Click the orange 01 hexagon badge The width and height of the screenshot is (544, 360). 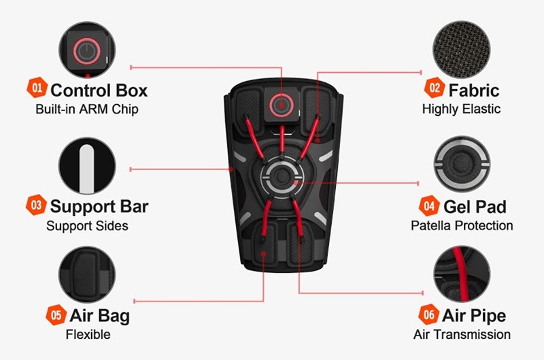point(37,88)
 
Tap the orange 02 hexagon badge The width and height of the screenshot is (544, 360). point(435,88)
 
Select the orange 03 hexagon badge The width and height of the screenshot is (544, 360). point(36,205)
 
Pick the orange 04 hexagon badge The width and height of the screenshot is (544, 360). point(429,206)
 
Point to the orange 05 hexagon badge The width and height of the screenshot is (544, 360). point(56,315)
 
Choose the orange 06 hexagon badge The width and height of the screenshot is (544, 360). point(429,314)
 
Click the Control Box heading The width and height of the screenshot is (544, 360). point(99,91)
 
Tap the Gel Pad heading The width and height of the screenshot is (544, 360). point(475,207)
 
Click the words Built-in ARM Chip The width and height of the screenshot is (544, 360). point(87,109)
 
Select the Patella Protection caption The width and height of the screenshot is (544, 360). point(462,226)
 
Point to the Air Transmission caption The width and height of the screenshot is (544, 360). point(462,334)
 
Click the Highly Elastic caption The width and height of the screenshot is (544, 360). point(462,109)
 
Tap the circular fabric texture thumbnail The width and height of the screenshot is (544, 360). point(462,50)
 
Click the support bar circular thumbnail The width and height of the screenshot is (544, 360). point(87,165)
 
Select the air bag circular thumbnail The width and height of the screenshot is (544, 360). point(87,275)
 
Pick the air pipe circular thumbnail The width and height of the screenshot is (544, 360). point(462,274)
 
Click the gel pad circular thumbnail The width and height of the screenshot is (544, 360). point(462,164)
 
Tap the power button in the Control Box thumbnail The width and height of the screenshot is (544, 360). point(87,51)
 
